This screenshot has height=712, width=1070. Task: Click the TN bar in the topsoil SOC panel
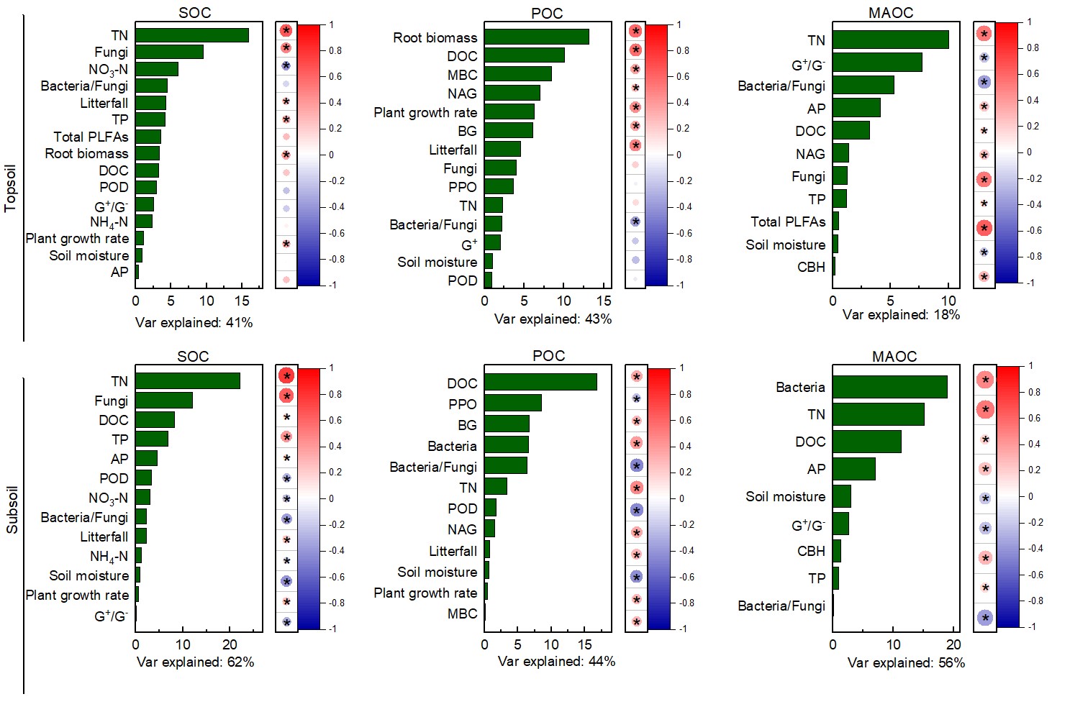point(191,35)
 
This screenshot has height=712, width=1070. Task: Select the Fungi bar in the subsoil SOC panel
point(164,401)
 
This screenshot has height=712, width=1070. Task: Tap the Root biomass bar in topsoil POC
point(536,37)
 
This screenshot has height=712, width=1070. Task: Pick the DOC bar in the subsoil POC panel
point(540,383)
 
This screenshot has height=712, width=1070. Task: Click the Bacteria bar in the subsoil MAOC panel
point(889,387)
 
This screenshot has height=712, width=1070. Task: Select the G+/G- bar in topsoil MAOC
point(877,63)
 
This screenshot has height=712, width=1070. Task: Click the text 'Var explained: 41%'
point(194,323)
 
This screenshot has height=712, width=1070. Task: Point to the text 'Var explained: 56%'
point(906,662)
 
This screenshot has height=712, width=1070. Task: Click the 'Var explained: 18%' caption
point(901,315)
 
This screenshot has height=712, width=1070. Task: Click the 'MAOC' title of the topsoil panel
point(890,13)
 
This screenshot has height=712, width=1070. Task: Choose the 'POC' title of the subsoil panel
point(548,356)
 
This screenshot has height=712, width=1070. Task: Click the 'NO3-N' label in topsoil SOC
point(108,70)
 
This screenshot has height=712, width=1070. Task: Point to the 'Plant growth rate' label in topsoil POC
point(425,112)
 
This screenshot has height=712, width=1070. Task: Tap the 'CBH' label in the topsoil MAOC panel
point(811,267)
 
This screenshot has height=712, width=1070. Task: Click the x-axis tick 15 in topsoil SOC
point(242,301)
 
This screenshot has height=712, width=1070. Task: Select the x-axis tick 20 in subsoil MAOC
point(953,644)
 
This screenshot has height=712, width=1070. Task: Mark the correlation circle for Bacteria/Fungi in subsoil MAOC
point(985,617)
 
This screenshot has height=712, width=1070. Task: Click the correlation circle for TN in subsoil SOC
point(286,376)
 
